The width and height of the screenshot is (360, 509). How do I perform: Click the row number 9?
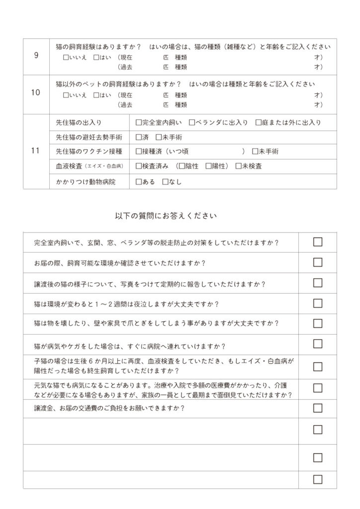click(36, 55)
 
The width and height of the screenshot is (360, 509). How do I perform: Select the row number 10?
click(36, 93)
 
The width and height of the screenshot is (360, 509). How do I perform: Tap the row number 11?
click(36, 151)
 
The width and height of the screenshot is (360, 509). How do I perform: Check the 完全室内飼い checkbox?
click(139, 122)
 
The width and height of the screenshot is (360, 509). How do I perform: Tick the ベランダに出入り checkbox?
click(192, 122)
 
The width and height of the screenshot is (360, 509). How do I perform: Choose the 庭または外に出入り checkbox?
click(259, 122)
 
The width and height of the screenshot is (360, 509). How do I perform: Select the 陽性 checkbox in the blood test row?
click(209, 166)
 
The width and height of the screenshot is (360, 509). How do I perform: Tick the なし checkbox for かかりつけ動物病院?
click(165, 181)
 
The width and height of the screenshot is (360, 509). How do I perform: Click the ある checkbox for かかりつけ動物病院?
click(139, 181)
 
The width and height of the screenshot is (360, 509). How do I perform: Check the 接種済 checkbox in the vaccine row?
click(139, 151)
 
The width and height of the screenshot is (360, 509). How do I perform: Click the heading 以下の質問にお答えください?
click(166, 216)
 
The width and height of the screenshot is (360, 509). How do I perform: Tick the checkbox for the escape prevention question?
click(318, 242)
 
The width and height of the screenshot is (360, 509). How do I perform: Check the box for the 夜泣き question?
click(318, 303)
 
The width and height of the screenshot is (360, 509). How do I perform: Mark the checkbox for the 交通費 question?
click(318, 408)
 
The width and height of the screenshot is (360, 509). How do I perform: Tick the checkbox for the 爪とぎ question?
click(318, 324)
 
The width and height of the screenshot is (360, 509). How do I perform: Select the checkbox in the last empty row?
click(318, 480)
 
